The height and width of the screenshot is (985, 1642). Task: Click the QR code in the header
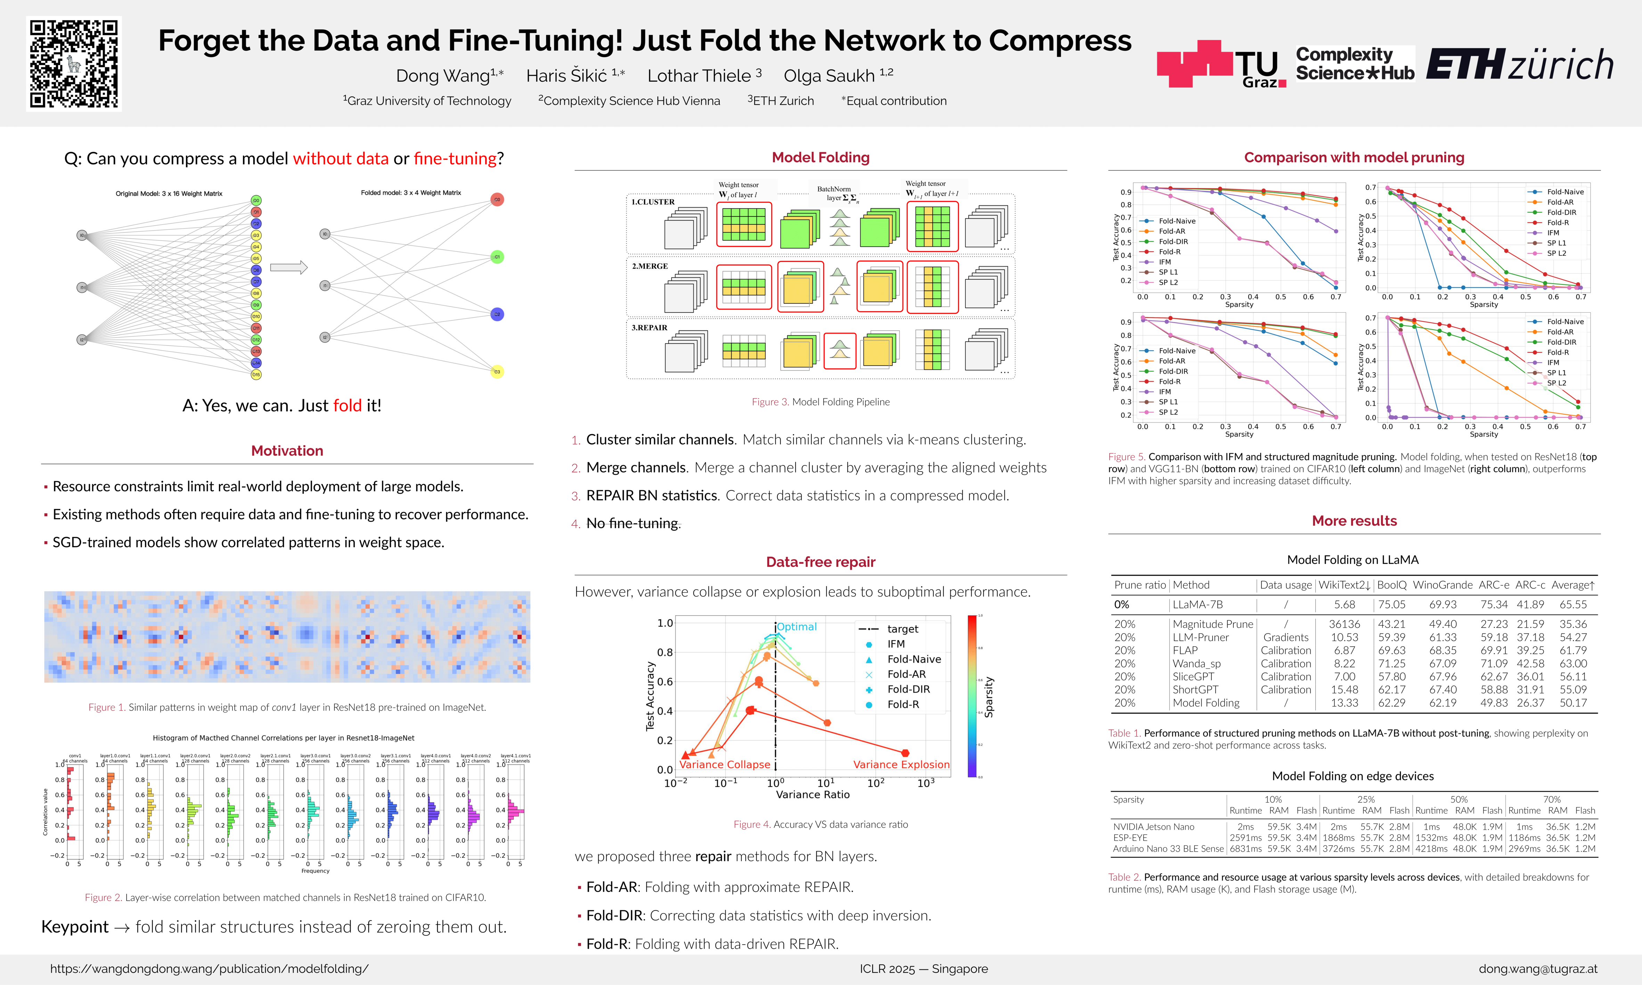(74, 64)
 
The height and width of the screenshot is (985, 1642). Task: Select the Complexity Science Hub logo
(1355, 64)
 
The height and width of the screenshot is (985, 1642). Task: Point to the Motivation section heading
(287, 451)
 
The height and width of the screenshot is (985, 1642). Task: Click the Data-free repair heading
(820, 562)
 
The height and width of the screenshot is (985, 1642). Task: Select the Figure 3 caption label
(770, 402)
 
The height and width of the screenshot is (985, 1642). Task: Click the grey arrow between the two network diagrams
(289, 268)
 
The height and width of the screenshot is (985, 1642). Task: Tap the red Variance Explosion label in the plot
(901, 765)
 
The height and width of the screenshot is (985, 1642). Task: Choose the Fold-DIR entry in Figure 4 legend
(908, 689)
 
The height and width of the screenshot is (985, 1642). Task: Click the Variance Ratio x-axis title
(812, 795)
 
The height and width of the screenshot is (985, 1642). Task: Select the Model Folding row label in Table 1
(1206, 703)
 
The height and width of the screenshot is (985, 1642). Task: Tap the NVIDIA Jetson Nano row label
(1153, 827)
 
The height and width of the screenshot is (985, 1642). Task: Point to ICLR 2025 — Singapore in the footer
(923, 969)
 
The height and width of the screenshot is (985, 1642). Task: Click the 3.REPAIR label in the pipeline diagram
(649, 328)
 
